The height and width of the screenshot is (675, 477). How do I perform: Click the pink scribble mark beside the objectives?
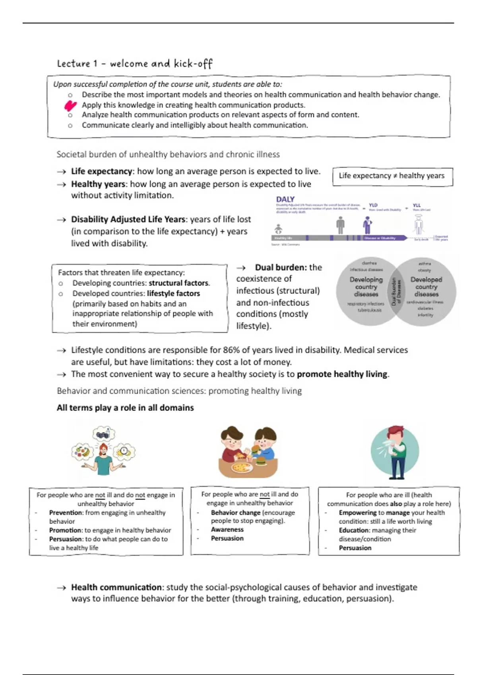click(70, 106)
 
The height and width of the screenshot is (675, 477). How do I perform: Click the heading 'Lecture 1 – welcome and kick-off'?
click(134, 64)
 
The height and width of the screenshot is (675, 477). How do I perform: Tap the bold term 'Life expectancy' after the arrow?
click(101, 172)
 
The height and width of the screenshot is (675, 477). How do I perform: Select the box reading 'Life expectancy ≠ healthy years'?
click(392, 176)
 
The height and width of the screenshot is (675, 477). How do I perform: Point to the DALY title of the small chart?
click(285, 199)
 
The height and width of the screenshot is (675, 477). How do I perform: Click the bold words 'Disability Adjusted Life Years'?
click(128, 220)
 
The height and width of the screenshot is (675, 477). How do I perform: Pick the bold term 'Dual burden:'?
click(281, 268)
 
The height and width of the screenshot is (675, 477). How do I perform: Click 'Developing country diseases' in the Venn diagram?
click(366, 287)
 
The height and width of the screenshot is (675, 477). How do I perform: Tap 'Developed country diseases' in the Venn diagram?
click(426, 287)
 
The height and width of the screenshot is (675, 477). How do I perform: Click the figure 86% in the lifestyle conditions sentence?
click(231, 350)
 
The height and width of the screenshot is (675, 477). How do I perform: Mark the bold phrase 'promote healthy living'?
click(342, 374)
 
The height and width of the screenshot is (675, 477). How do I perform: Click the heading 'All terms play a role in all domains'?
click(125, 408)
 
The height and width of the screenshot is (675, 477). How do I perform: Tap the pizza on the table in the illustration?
click(241, 467)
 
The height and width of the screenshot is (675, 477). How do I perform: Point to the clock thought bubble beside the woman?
click(124, 451)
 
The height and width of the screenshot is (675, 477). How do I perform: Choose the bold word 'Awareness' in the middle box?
click(227, 530)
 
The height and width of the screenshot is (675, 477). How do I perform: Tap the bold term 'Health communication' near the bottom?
click(116, 587)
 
